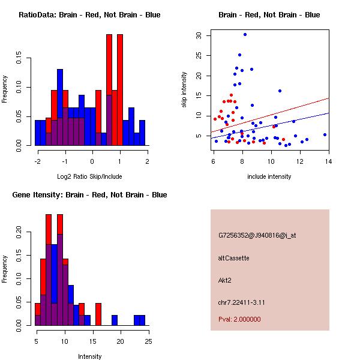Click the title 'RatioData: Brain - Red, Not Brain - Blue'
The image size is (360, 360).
(89, 15)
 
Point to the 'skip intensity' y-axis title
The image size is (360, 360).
(184, 90)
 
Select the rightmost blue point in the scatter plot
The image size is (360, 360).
(325, 134)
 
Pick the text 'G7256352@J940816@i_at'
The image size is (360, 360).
(257, 235)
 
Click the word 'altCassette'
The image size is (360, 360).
(234, 257)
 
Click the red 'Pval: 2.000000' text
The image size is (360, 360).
(240, 319)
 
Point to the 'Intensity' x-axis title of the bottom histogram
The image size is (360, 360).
(90, 356)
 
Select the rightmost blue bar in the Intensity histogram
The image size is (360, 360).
(142, 320)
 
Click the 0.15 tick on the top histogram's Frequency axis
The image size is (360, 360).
(19, 60)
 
